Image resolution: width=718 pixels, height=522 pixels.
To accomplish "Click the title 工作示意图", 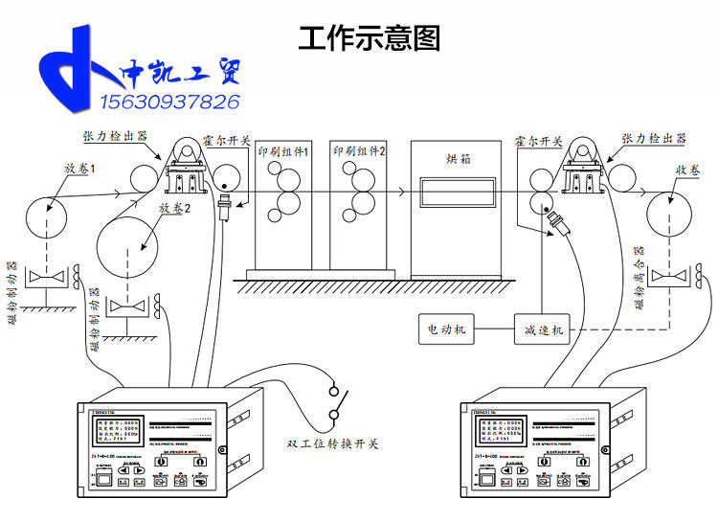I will (x=369, y=38).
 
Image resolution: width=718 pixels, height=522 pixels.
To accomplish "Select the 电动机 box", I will (x=447, y=329).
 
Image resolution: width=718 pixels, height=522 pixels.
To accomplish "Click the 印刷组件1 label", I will (x=282, y=152).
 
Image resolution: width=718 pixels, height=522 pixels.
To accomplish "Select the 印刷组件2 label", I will (x=359, y=151).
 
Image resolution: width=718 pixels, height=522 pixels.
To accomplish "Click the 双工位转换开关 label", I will (x=332, y=443).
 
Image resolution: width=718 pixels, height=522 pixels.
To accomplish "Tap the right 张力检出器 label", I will (x=654, y=138).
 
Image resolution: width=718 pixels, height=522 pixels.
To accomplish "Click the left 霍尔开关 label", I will (x=228, y=140).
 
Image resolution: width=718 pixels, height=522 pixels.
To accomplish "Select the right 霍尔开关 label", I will (x=537, y=140).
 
